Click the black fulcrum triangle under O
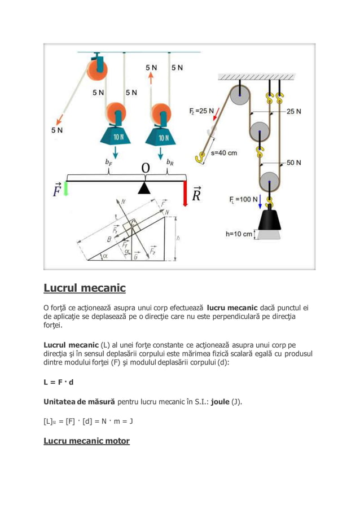(x=145, y=188)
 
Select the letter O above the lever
(x=146, y=169)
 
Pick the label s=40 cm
(x=223, y=152)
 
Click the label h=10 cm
(x=239, y=234)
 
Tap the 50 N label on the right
(x=293, y=163)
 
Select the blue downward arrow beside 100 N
(x=261, y=200)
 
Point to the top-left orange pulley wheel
(x=96, y=68)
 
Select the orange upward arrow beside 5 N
(x=151, y=77)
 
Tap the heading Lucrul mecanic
(x=85, y=288)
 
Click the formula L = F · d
(x=59, y=382)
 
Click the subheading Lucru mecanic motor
(x=86, y=441)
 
